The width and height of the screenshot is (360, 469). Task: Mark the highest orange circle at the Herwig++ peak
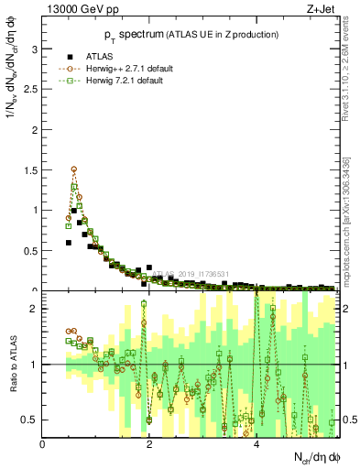74,169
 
